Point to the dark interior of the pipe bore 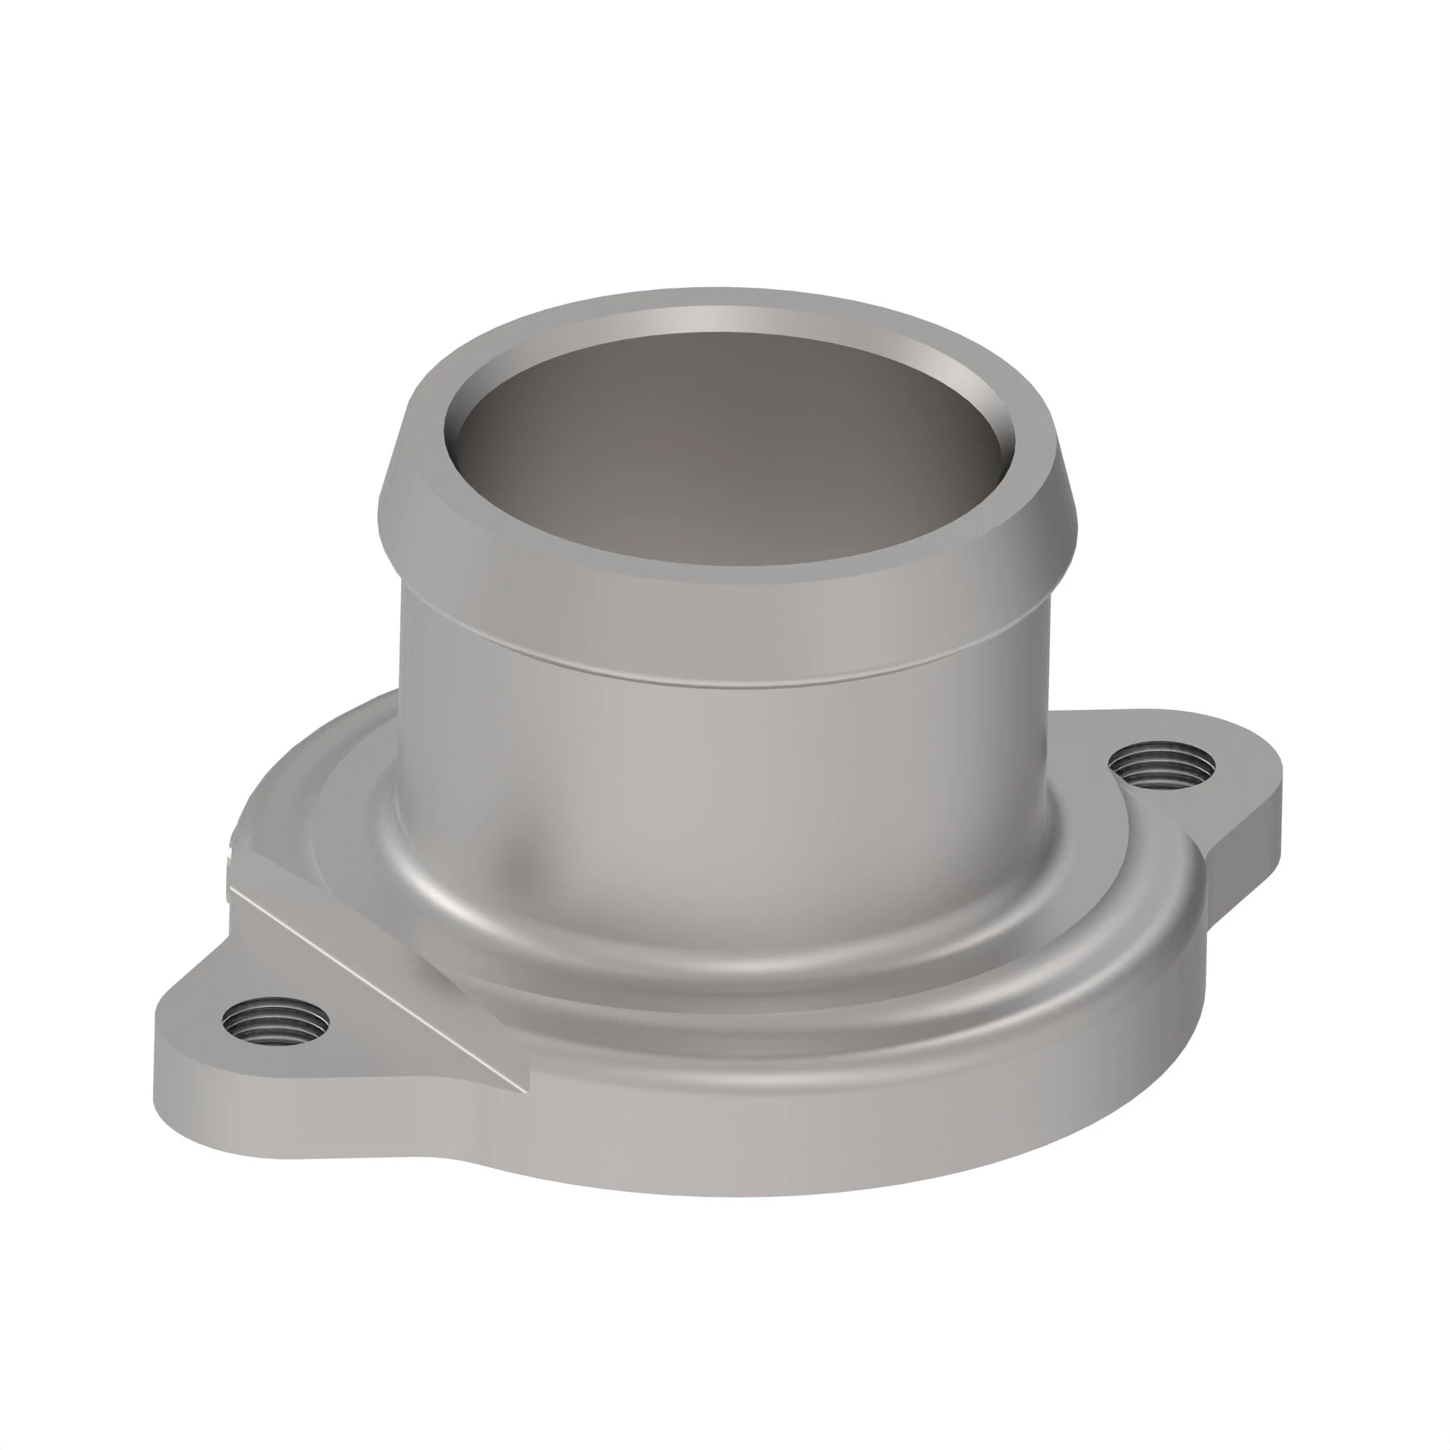(x=721, y=465)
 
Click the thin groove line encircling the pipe (x=721, y=681)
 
